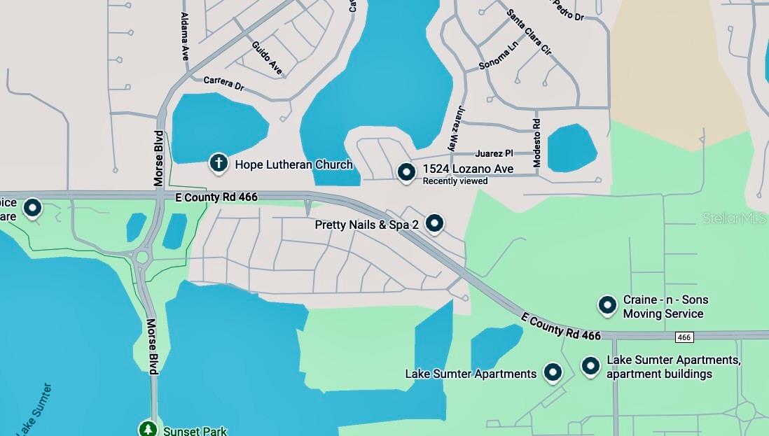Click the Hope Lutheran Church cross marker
coord(219,164)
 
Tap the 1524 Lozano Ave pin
coord(406,171)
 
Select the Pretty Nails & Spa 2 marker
coord(435,223)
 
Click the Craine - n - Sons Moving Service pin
coord(607,305)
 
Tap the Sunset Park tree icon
coord(147,428)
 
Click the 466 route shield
coord(684,337)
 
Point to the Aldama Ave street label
coord(185,36)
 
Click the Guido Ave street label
coord(267,58)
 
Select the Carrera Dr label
coord(223,83)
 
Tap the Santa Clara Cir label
coord(529,32)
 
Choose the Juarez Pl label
coord(494,153)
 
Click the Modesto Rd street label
coord(537,142)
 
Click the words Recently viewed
coord(455,181)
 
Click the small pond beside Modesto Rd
coord(571,148)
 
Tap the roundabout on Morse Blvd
coord(143,258)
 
